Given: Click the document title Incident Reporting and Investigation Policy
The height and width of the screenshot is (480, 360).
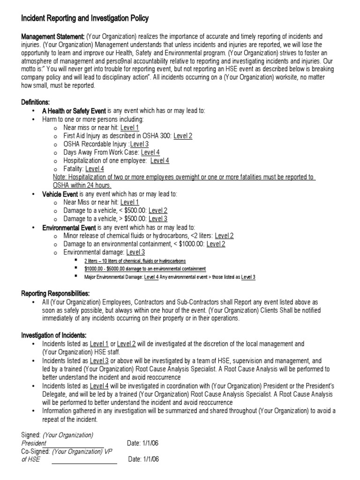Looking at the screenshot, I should point(85,19).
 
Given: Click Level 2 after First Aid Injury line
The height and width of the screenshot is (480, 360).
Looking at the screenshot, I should point(183,136).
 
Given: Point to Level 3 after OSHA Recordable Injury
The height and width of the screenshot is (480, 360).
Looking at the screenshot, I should point(139,144).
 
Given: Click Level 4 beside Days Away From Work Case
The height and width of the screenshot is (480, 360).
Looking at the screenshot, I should point(150,152).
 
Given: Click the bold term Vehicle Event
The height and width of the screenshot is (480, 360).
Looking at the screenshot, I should point(60,194).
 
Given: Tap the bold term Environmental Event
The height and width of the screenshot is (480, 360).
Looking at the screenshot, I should point(69,227).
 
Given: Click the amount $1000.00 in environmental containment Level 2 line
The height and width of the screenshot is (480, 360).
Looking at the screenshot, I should point(193,244).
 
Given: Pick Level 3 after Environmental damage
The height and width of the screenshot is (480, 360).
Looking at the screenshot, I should point(135,252).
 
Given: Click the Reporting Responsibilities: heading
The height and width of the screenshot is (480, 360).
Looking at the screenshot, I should point(55,293).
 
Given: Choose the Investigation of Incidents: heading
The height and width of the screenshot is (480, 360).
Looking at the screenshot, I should point(54,335).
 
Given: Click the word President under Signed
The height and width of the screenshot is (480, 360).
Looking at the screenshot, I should point(34,443).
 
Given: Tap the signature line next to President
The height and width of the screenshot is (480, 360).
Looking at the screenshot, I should point(75,446).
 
